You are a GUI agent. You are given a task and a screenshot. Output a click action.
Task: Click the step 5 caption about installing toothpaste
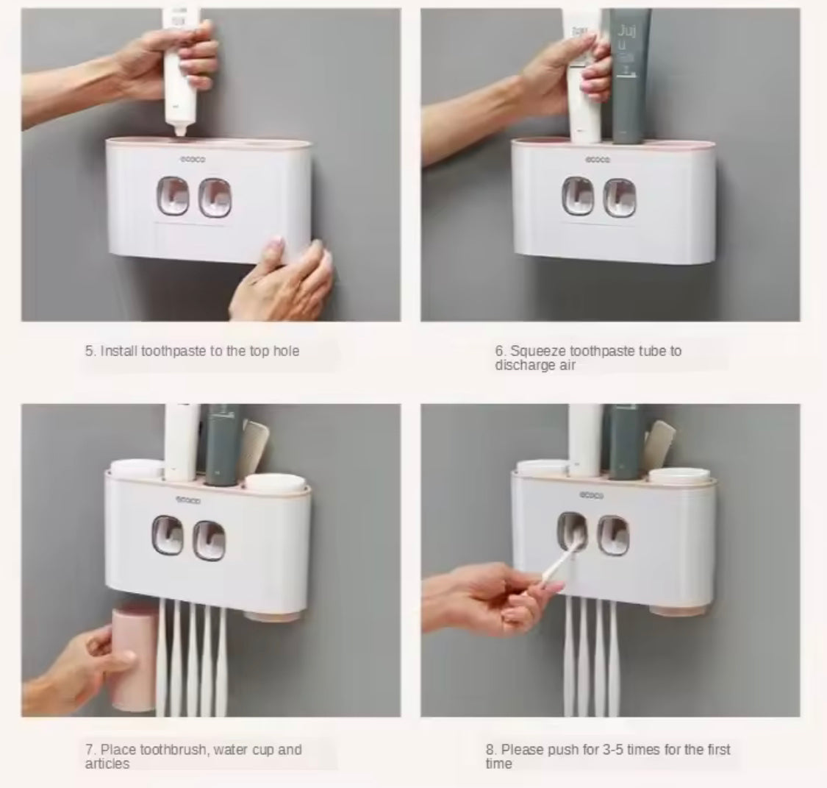pos(192,351)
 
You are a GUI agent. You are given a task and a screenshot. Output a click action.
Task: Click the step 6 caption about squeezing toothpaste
pos(587,358)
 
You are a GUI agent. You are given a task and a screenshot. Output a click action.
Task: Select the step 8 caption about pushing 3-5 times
pos(607,756)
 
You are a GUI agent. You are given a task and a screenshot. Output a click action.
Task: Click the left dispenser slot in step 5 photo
pos(172,196)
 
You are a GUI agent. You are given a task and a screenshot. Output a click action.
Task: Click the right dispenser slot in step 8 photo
pos(611,534)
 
